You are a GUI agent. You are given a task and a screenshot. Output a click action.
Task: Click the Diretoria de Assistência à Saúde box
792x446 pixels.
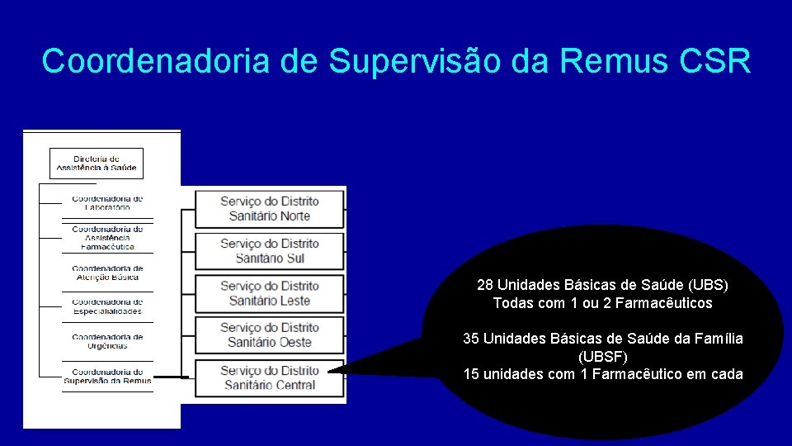(x=97, y=164)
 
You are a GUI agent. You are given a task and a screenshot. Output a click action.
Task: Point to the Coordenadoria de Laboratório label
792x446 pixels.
(x=107, y=203)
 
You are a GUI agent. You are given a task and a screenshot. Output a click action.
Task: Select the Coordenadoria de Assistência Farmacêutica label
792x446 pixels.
(x=107, y=238)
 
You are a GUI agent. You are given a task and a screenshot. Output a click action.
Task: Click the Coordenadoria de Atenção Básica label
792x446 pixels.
(x=107, y=273)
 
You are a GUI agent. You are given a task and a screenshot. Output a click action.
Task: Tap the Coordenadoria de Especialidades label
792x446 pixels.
(x=107, y=306)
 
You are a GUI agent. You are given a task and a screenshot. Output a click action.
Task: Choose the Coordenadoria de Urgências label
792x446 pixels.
(x=107, y=341)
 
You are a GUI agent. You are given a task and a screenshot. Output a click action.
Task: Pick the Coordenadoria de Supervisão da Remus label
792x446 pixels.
(x=107, y=376)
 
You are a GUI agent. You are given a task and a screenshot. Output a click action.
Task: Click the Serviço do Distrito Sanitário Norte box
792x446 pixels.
(x=269, y=208)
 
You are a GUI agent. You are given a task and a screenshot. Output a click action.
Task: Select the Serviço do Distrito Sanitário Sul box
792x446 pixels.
(x=269, y=251)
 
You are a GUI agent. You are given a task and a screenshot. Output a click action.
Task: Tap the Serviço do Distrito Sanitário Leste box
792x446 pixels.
(x=269, y=293)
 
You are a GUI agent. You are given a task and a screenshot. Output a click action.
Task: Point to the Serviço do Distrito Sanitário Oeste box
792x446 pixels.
(x=269, y=335)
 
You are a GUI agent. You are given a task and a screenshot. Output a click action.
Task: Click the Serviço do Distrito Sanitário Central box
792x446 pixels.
(x=269, y=378)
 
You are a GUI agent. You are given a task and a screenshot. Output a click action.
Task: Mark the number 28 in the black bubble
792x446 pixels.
(x=485, y=285)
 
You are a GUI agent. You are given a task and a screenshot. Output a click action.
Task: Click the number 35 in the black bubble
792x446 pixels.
(x=472, y=339)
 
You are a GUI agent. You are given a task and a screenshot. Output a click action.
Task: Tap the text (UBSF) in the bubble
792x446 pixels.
(x=602, y=357)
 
